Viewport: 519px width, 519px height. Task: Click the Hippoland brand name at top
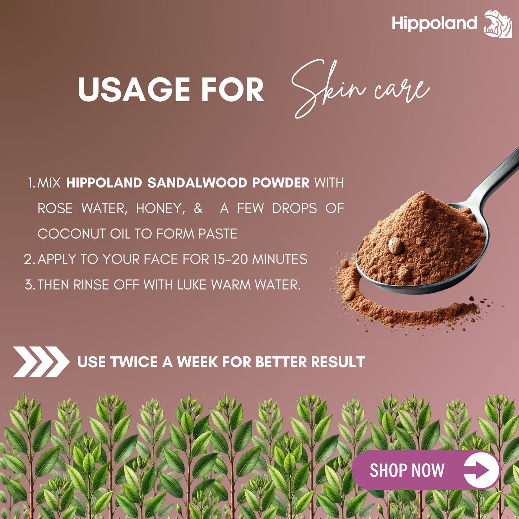pyautogui.click(x=434, y=24)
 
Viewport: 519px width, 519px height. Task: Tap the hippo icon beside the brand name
pyautogui.click(x=498, y=24)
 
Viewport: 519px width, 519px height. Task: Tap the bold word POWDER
pyautogui.click(x=281, y=183)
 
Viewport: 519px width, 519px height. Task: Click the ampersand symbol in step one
pyautogui.click(x=198, y=208)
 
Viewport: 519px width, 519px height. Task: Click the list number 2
pyautogui.click(x=29, y=259)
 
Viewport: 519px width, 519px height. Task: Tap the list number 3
pyautogui.click(x=29, y=285)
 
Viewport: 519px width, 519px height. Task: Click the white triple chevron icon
pyautogui.click(x=41, y=362)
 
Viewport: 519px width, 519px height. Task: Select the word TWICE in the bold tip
pyautogui.click(x=134, y=362)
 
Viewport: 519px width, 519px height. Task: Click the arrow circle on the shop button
pyautogui.click(x=481, y=470)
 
